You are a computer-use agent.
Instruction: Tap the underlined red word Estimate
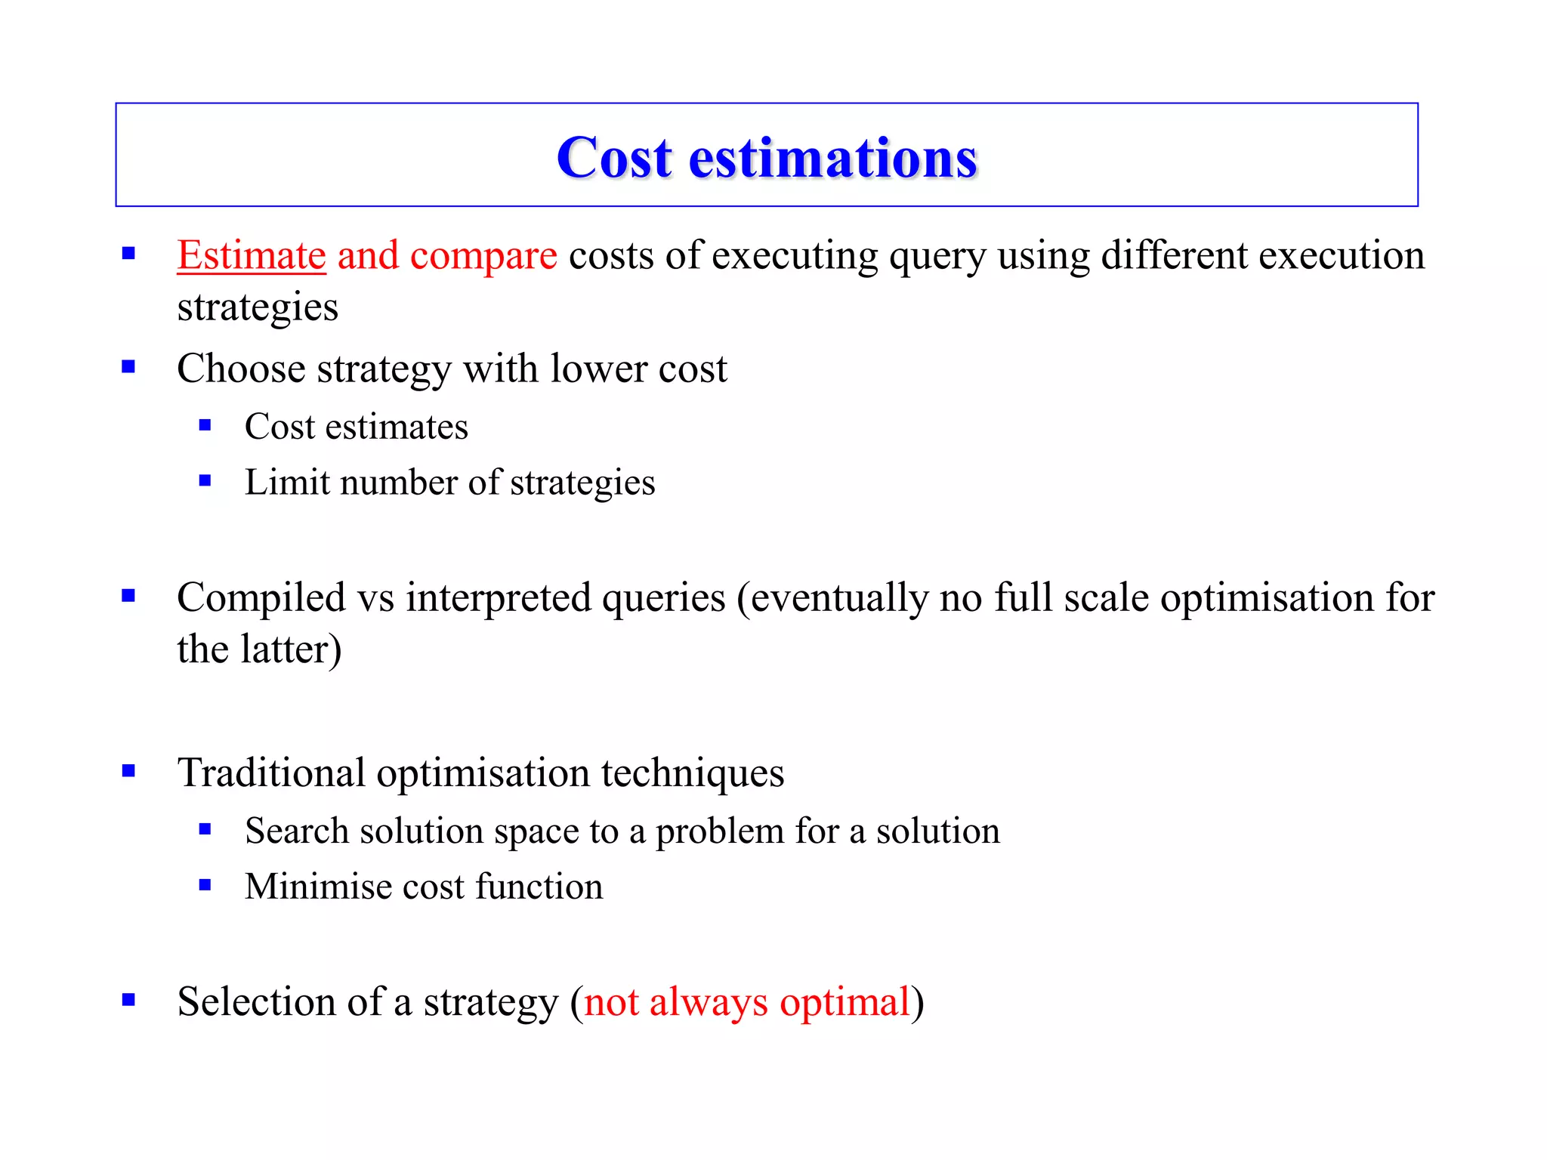(252, 255)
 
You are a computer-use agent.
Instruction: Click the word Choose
(241, 369)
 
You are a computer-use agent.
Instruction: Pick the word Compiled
(261, 598)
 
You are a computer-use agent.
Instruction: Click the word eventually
(838, 598)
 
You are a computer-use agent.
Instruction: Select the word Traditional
(271, 773)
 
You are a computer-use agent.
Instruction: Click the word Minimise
(318, 887)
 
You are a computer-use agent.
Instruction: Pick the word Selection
(256, 1002)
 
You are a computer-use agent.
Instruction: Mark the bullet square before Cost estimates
(205, 425)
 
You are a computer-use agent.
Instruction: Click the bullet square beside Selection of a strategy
(128, 1000)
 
